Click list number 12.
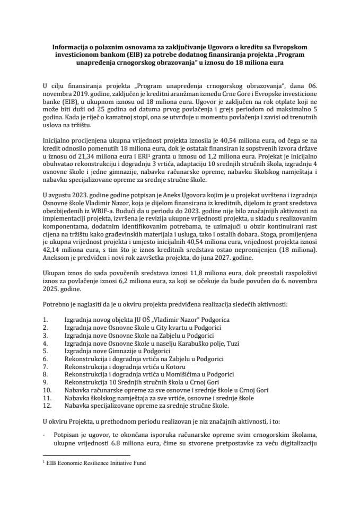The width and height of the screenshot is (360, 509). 47,406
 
